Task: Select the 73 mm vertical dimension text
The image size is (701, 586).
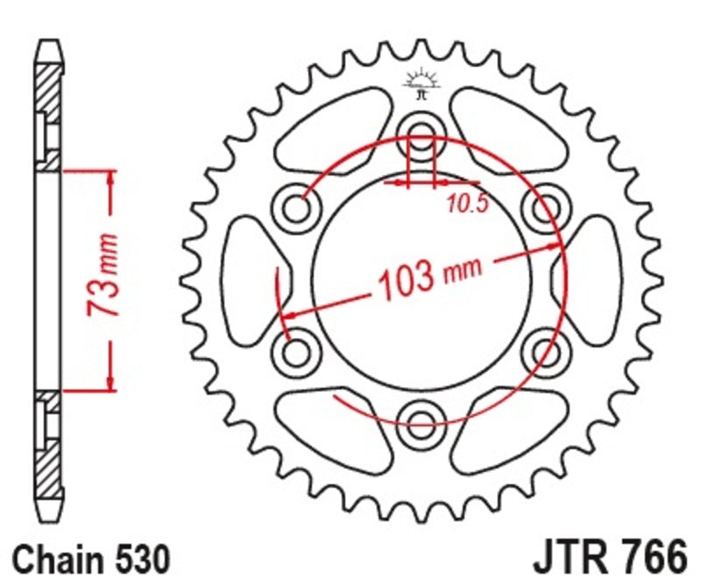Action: [103, 277]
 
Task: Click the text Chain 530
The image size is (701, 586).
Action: [91, 558]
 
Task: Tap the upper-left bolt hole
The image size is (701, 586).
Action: [299, 207]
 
